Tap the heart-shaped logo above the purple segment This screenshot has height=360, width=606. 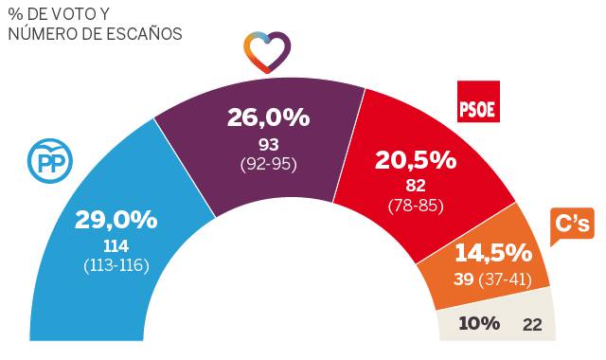coord(267,52)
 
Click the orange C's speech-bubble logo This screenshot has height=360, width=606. coord(572,225)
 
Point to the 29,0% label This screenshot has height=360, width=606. coord(116,220)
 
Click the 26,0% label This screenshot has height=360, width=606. coord(268,117)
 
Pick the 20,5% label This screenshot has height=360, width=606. coord(416,161)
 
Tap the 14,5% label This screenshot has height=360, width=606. coord(492,253)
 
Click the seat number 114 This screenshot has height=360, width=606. coord(116,245)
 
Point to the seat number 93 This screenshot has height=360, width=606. coord(268,144)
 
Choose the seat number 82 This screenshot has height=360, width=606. coord(416,187)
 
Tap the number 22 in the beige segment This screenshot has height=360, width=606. coord(532,324)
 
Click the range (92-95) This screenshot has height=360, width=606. coord(268,163)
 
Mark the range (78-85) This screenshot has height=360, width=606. coord(416,205)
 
